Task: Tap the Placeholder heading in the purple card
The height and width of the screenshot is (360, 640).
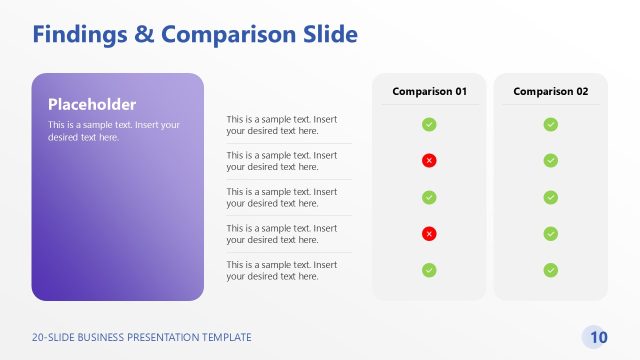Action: [x=92, y=104]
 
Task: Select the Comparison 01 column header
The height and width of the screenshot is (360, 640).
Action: [x=429, y=91]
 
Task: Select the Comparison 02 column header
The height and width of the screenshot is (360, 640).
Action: [x=550, y=91]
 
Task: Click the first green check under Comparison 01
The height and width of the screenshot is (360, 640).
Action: [x=429, y=124]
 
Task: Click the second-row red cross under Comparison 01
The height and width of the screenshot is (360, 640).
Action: [x=429, y=160]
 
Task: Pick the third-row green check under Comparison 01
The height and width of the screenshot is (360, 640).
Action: [x=429, y=197]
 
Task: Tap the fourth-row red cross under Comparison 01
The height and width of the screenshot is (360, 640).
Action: [x=429, y=233]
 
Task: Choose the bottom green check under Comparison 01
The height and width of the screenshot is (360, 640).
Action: [x=429, y=270]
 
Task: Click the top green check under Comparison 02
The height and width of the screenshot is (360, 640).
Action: [x=550, y=124]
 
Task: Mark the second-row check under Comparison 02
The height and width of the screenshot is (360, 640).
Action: [x=550, y=160]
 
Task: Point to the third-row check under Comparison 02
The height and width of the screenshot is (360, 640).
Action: [x=550, y=197]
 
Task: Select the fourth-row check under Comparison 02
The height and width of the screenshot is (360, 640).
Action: [x=550, y=233]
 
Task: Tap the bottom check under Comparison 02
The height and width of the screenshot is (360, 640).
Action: [x=550, y=270]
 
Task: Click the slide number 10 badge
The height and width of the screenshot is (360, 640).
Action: [x=598, y=337]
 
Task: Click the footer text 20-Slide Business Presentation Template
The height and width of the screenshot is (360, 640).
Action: [x=142, y=338]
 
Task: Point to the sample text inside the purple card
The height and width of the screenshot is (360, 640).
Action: [x=114, y=131]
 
